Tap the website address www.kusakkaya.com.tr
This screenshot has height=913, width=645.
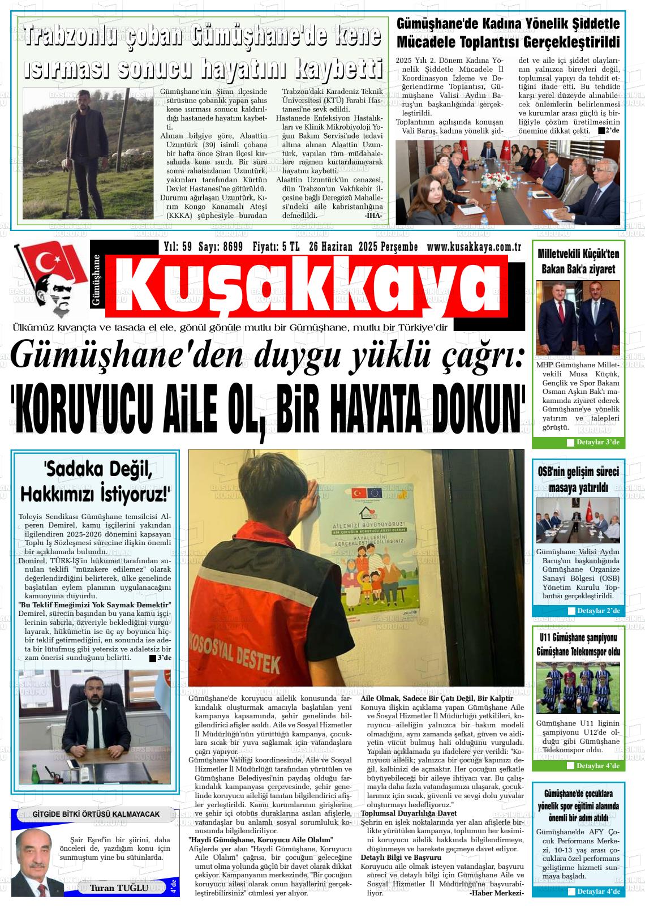[474, 246]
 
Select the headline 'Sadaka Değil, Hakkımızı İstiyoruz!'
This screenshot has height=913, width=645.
[95, 481]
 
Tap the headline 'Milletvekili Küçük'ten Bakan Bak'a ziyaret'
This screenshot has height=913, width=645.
[578, 261]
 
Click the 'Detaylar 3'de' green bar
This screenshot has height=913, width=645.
[592, 442]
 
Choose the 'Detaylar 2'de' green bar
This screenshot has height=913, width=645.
[593, 611]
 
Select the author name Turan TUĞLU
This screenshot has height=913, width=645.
[119, 888]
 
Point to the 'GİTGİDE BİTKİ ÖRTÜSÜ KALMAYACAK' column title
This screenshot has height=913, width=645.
[96, 815]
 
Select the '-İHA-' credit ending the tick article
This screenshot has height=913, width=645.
[373, 216]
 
